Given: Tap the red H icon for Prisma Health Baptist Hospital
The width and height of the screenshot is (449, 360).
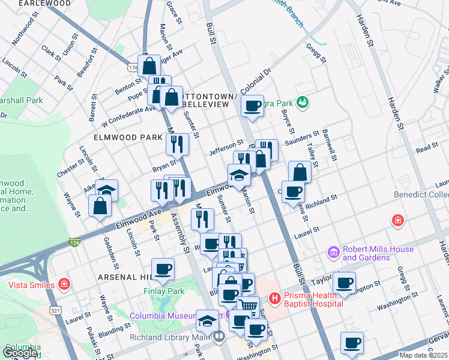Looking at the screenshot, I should point(274,297).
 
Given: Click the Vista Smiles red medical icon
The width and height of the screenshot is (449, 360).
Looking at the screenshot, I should point(64,283).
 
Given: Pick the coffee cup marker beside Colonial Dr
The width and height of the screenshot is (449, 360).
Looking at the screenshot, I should point(253,106).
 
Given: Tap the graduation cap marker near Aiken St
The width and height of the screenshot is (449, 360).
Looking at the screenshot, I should point(106,190).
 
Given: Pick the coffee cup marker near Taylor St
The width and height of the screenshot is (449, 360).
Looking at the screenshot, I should point(344,283).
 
